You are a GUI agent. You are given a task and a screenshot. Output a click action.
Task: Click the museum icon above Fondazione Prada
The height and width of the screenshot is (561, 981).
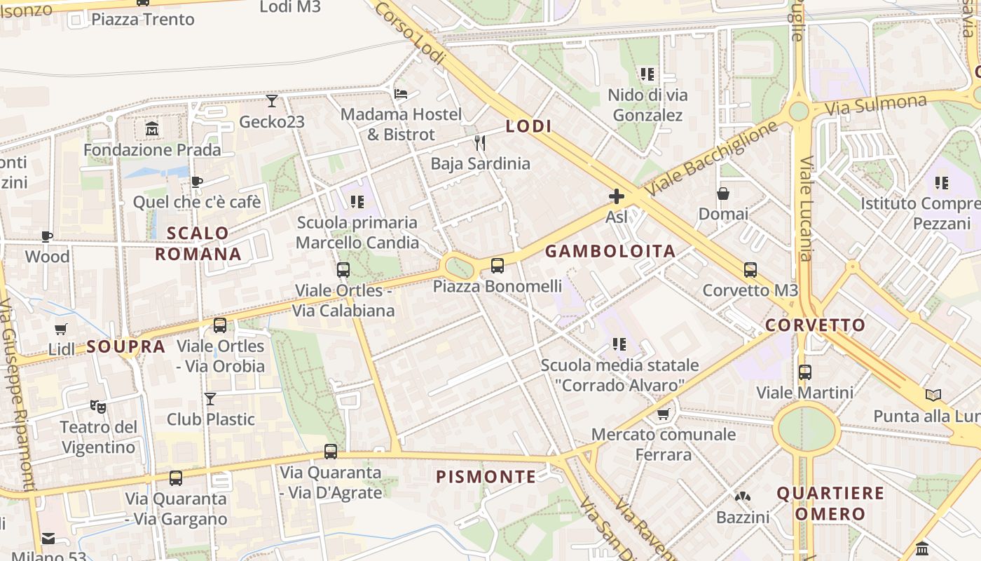point(152,129)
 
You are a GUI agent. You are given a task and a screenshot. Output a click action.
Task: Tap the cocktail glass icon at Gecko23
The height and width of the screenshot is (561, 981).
point(272,102)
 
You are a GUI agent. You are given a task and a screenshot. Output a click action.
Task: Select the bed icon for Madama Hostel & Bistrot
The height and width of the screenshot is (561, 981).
point(401,93)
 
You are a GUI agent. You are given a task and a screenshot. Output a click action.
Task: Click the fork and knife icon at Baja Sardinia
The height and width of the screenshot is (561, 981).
point(480,143)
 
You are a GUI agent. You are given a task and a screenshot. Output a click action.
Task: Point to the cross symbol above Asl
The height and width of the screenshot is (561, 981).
point(617,196)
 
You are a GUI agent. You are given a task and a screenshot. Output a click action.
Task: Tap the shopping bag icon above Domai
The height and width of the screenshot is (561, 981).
point(723,194)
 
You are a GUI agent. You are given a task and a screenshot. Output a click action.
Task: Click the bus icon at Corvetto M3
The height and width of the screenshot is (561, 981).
point(750,269)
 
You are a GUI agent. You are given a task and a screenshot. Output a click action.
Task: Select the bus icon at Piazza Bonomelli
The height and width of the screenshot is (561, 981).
point(498,266)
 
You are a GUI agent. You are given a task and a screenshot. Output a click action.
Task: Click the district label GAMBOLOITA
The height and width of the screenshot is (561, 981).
point(610,251)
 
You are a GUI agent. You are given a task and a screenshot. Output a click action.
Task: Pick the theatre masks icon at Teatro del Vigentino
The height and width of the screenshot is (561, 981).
point(98,406)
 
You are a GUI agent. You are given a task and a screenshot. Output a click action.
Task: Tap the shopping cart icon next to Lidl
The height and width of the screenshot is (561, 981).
point(61,329)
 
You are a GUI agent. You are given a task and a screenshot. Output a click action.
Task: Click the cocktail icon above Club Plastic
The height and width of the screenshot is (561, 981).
point(210,399)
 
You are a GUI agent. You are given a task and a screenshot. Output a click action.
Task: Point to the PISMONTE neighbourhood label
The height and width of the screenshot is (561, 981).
point(486,478)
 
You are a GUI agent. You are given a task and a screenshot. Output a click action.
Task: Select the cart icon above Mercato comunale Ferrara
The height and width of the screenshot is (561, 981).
point(663,414)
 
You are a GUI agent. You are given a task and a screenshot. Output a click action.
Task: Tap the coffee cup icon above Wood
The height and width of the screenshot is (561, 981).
point(47,236)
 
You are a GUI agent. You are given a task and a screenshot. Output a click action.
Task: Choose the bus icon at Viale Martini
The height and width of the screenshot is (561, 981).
point(805,372)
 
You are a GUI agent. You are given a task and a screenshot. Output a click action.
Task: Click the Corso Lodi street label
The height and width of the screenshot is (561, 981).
point(411,33)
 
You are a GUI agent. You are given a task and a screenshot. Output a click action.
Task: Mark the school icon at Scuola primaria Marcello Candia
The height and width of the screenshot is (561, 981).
point(357,202)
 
